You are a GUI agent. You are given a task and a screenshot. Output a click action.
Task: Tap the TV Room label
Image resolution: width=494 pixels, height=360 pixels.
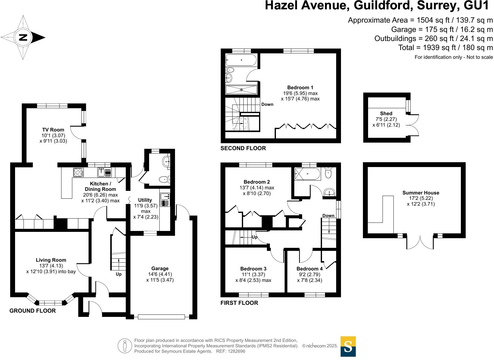click(x=53, y=130)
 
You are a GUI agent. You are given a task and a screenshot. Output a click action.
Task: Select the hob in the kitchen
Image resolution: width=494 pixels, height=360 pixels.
click(x=78, y=172)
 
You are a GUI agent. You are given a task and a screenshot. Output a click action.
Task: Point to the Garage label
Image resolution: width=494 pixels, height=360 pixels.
click(x=160, y=268)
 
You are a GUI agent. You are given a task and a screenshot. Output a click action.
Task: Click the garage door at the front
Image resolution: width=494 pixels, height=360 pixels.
click(x=161, y=317)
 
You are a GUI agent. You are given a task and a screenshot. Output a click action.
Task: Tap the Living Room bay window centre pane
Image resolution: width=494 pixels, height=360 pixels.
click(x=51, y=302)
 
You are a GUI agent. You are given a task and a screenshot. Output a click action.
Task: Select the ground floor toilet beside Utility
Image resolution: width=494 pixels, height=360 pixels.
click(x=164, y=180)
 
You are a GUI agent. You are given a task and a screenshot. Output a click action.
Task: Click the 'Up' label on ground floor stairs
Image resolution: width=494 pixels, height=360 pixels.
click(x=119, y=274)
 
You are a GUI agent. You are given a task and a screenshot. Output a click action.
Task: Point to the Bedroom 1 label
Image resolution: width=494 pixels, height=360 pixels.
click(x=296, y=88)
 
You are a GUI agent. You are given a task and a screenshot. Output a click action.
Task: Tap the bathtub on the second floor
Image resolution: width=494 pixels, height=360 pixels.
click(x=241, y=60)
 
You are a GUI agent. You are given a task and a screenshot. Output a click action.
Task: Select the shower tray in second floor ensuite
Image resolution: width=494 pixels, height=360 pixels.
click(x=241, y=90)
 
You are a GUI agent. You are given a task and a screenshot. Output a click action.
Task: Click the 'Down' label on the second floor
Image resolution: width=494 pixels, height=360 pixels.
click(x=267, y=104)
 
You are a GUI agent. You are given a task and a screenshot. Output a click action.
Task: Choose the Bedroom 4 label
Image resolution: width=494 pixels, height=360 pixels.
click(x=309, y=269)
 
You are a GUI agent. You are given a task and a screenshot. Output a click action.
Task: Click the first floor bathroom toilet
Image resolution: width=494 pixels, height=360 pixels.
click(x=328, y=173)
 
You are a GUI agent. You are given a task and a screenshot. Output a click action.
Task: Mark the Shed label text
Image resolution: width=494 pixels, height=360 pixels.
click(x=386, y=113)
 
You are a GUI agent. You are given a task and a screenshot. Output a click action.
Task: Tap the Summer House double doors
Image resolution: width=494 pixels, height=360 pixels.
click(x=420, y=243)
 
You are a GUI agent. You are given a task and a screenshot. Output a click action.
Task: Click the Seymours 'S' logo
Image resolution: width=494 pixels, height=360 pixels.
click(x=348, y=346)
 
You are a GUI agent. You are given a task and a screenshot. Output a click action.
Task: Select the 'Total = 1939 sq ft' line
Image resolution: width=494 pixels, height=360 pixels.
click(x=446, y=48)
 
